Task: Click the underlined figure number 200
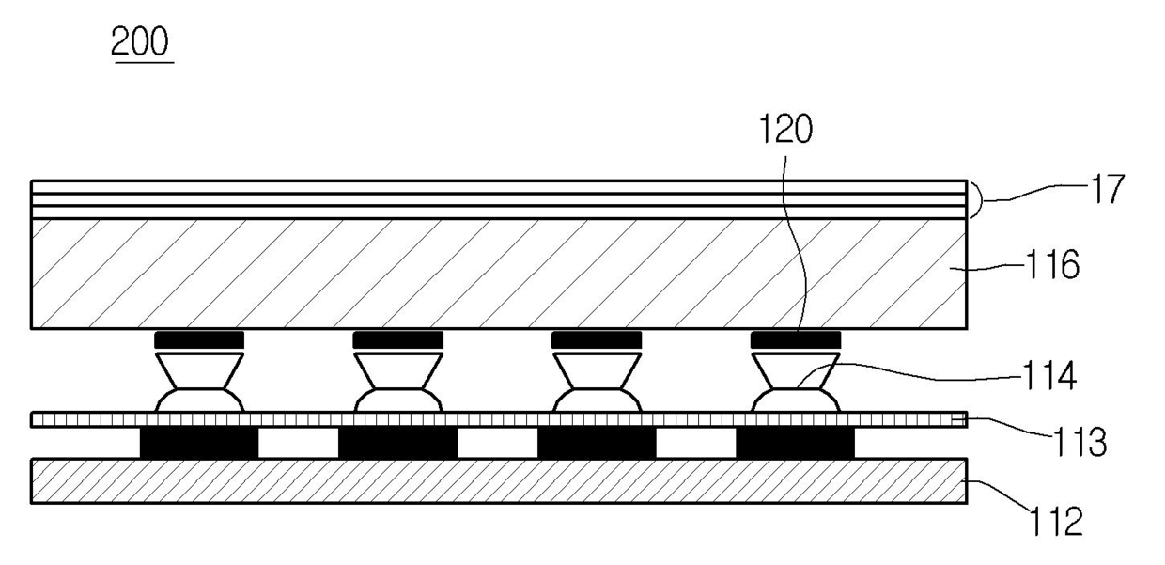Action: (140, 42)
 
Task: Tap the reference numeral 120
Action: (785, 129)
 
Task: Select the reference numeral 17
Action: (1109, 189)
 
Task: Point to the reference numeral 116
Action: (1051, 264)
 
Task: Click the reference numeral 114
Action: (1049, 376)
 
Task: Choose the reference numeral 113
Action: (1080, 442)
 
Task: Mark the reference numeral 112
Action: (1056, 522)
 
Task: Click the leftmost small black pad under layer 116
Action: (199, 340)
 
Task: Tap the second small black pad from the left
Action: (397, 340)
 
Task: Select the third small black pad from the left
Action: (597, 340)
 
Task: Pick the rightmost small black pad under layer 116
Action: (796, 340)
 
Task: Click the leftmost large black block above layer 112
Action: (199, 443)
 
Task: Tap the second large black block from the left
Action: (397, 443)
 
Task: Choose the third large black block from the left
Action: (597, 443)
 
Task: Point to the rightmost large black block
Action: (795, 443)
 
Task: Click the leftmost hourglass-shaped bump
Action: (199, 383)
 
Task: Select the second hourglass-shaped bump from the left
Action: (397, 383)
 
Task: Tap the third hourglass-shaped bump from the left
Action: (597, 383)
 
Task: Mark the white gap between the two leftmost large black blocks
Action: (299, 443)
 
